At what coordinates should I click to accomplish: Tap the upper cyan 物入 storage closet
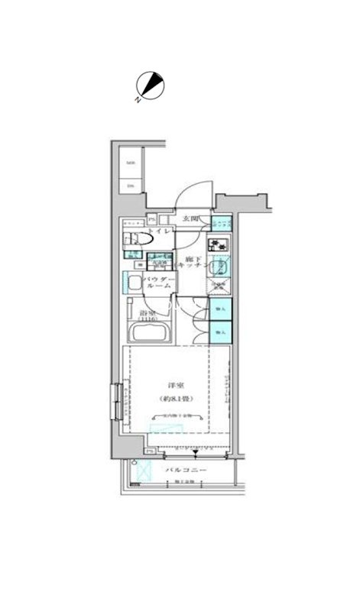click(220, 309)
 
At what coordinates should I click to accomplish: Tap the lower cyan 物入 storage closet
click(220, 333)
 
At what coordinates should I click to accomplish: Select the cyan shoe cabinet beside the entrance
click(220, 224)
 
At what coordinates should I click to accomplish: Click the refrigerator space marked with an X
click(218, 288)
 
